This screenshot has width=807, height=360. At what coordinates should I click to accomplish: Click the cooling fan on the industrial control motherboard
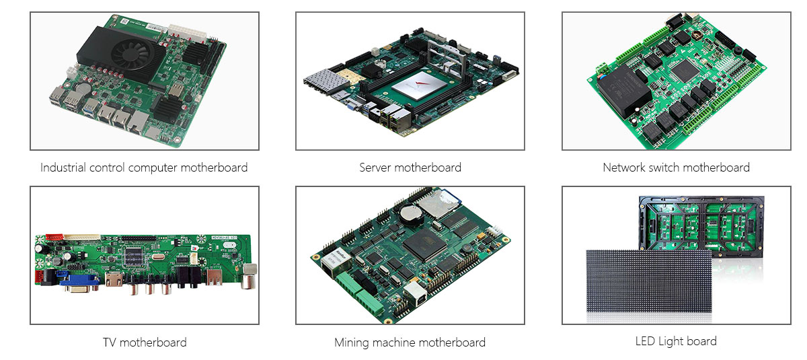pyautogui.click(x=130, y=54)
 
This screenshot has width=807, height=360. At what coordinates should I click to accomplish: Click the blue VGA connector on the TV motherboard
pyautogui.click(x=79, y=282)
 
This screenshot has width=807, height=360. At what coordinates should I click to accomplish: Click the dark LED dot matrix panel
pyautogui.click(x=649, y=281)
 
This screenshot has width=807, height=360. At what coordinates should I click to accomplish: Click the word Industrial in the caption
pyautogui.click(x=63, y=168)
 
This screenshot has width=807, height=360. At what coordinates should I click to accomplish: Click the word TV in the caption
pyautogui.click(x=109, y=342)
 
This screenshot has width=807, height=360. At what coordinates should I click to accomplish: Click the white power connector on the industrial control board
pyautogui.click(x=187, y=33)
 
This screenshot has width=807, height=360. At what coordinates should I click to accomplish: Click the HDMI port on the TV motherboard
pyautogui.click(x=114, y=279)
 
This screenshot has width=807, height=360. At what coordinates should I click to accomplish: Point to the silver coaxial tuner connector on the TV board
pyautogui.click(x=249, y=276)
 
